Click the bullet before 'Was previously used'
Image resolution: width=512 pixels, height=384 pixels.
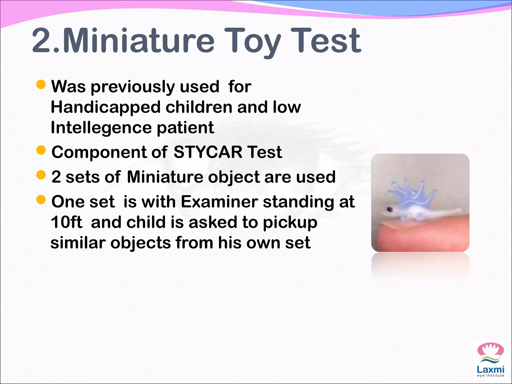pyautogui.click(x=41, y=85)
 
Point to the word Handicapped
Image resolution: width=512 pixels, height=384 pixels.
pyautogui.click(x=105, y=107)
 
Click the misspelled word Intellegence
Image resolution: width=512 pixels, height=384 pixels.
pyautogui.click(x=101, y=128)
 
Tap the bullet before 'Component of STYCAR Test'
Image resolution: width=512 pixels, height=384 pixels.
pyautogui.click(x=41, y=150)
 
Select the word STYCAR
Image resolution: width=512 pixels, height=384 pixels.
pyautogui.click(x=208, y=152)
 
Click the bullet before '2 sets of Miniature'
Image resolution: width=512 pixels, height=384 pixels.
pyautogui.click(x=41, y=175)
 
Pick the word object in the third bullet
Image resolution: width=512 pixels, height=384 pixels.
pyautogui.click(x=234, y=177)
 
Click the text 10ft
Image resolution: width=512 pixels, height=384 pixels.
pyautogui.click(x=66, y=222)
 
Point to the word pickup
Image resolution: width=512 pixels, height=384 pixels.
pyautogui.click(x=290, y=222)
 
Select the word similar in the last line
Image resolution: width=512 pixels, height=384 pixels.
pyautogui.click(x=78, y=243)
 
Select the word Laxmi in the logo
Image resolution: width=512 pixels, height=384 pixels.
pyautogui.click(x=490, y=369)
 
